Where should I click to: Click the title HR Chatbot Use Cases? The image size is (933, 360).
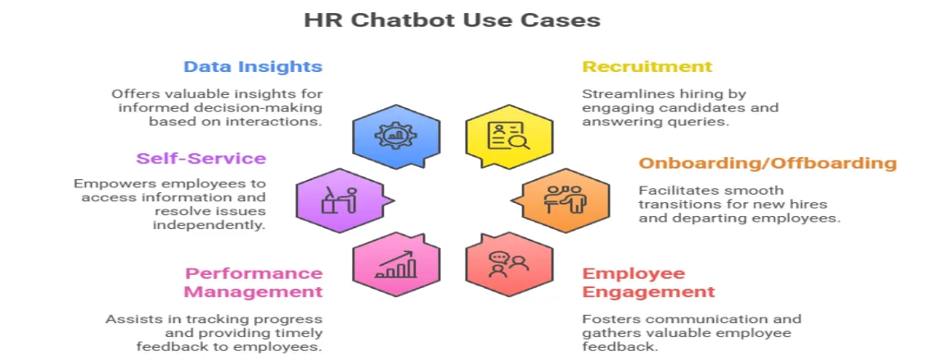tap(452, 20)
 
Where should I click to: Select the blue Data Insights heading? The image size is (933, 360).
tap(253, 67)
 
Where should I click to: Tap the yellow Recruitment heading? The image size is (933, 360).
tap(647, 67)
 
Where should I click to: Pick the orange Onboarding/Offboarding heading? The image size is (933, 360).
tap(768, 163)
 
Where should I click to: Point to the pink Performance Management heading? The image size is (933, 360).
tap(253, 282)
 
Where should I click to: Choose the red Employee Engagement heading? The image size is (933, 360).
tap(648, 282)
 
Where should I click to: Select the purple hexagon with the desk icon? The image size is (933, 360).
tap(340, 199)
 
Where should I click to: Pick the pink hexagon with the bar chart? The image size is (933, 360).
tap(394, 264)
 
